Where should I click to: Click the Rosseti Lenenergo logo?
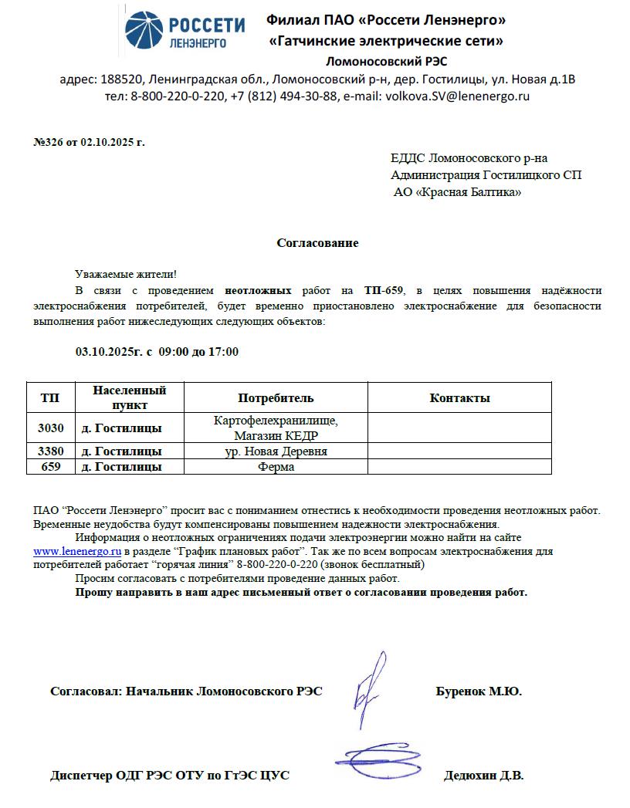[185, 32]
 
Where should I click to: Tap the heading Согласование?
[317, 243]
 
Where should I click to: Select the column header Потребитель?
[276, 398]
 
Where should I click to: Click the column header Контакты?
[459, 398]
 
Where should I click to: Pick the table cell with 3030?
[51, 428]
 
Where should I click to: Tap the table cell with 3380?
[51, 451]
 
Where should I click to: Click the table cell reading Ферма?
[276, 467]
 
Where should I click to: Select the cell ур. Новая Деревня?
[276, 451]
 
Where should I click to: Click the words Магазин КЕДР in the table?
[276, 434]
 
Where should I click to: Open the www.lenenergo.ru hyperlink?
[77, 552]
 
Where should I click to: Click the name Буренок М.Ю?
[479, 692]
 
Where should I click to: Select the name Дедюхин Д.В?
[483, 776]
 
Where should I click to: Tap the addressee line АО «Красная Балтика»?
[457, 192]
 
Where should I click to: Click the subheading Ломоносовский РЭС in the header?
[386, 61]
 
